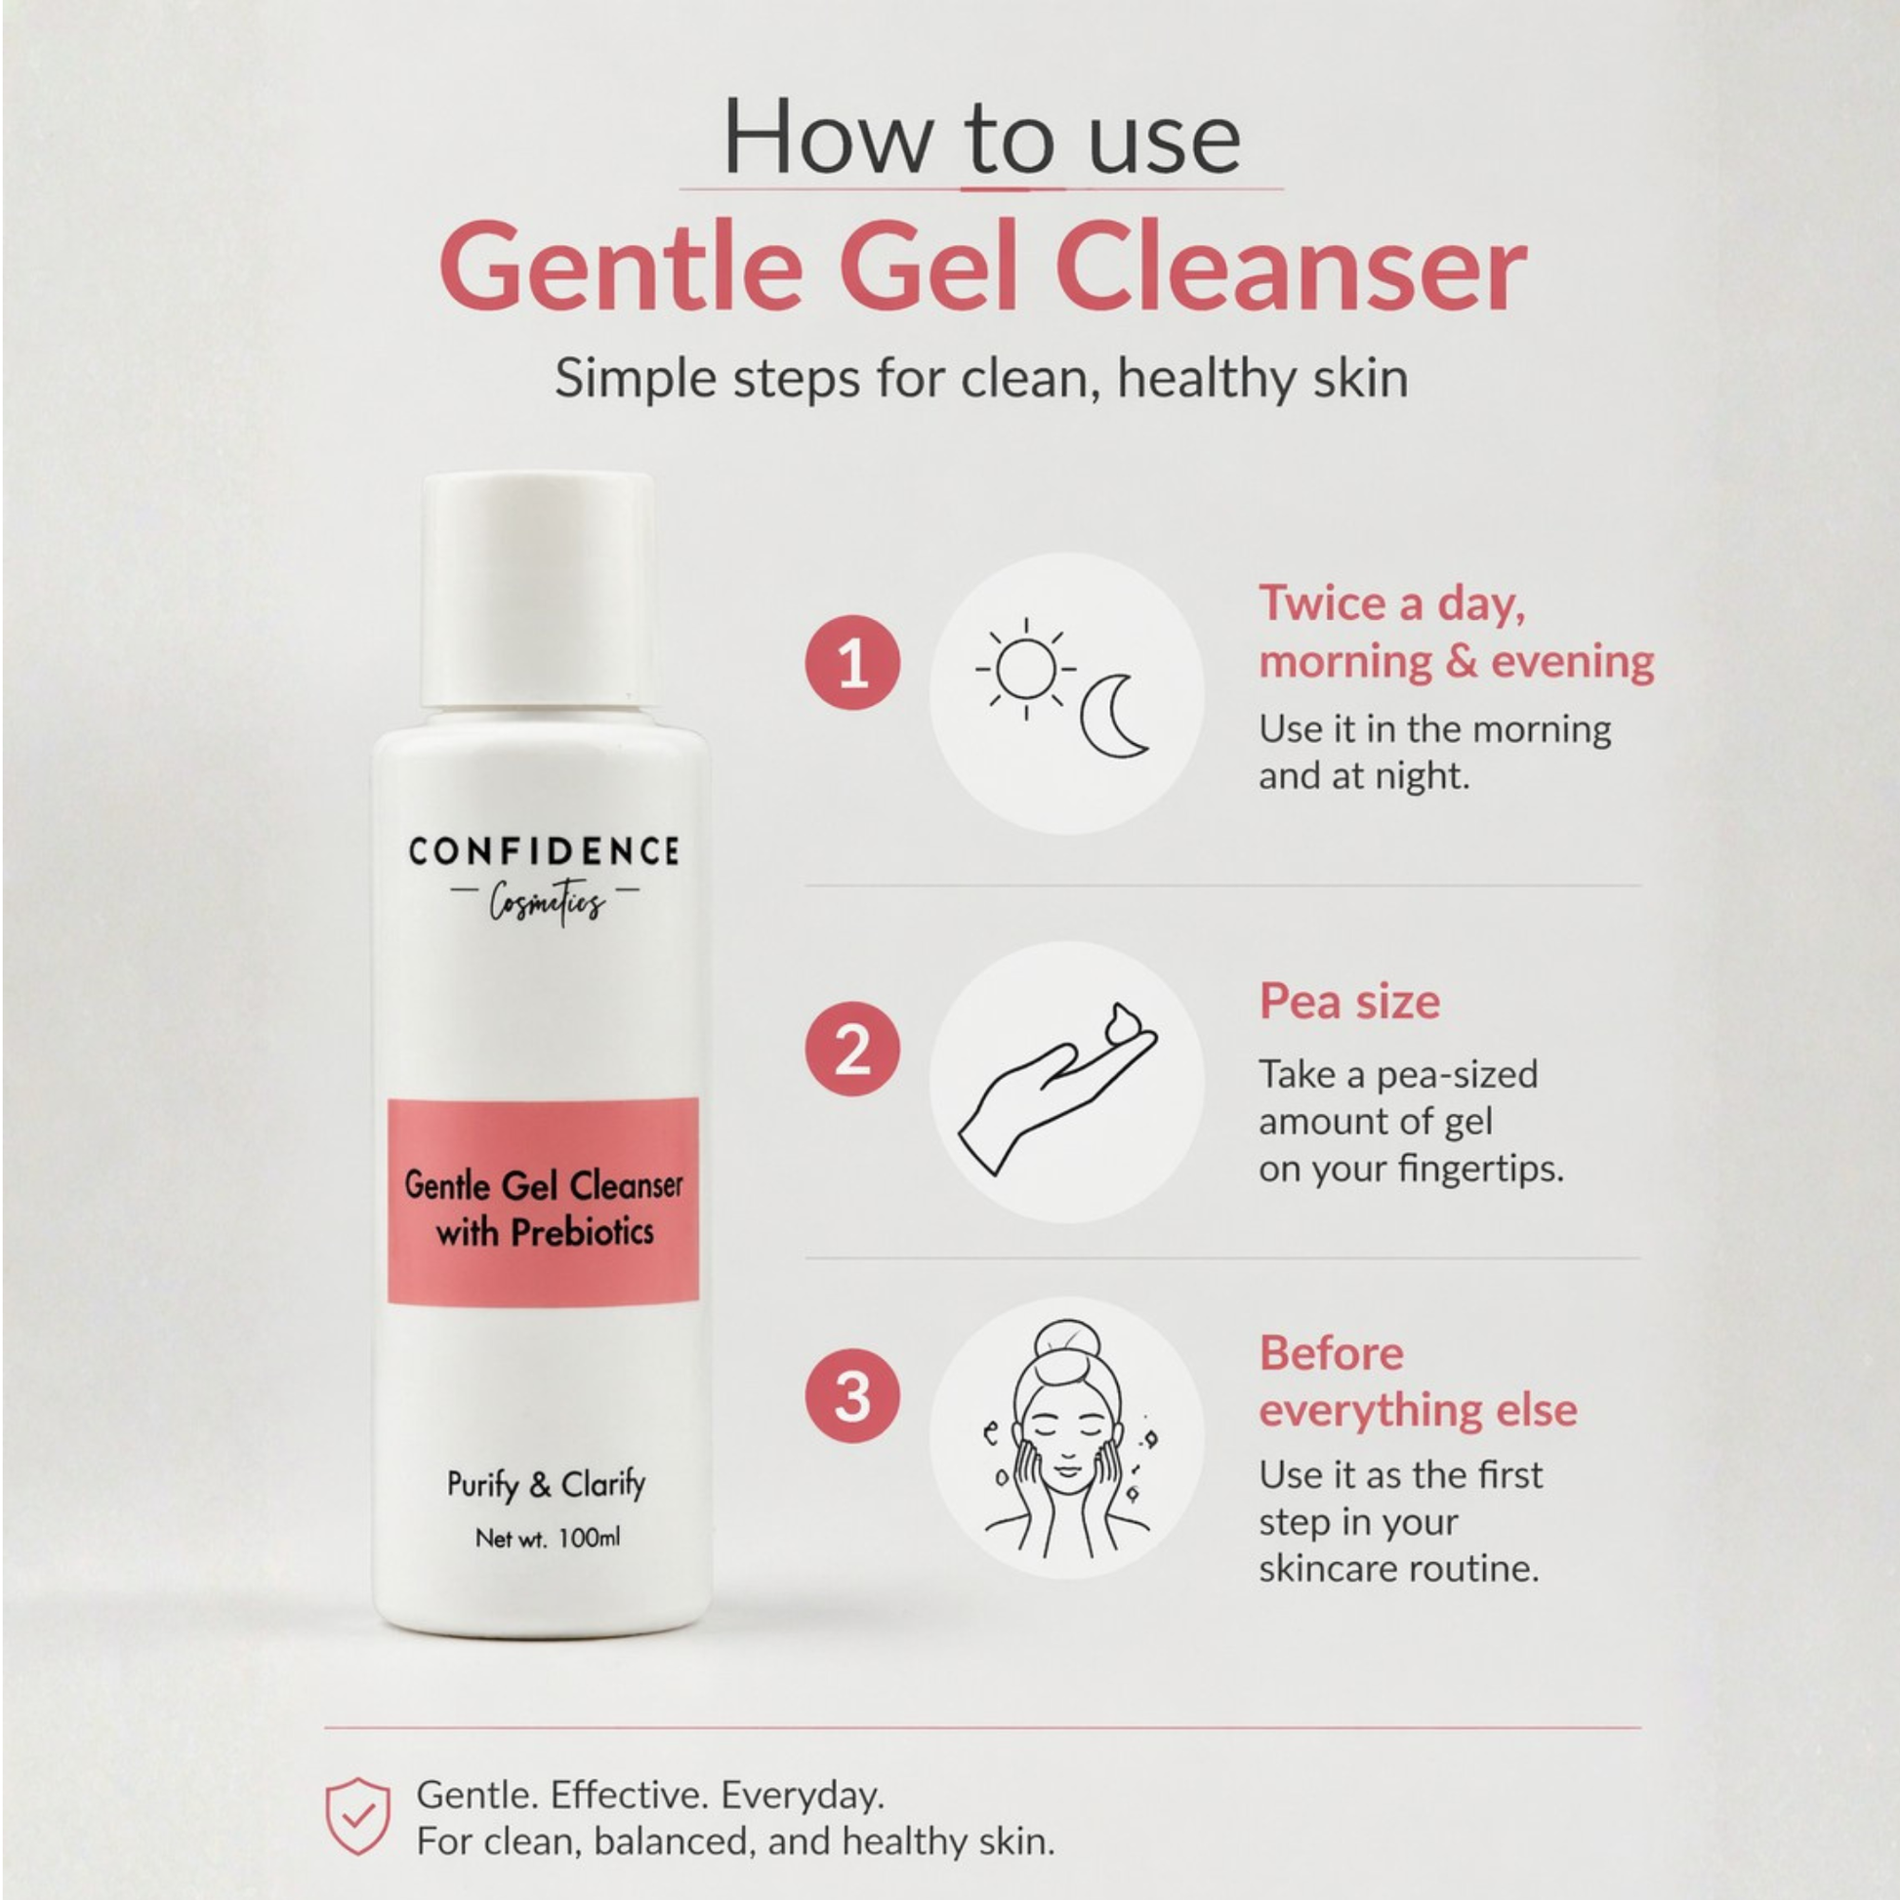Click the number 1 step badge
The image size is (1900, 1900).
pyautogui.click(x=852, y=662)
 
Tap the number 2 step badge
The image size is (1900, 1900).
pyautogui.click(x=852, y=1050)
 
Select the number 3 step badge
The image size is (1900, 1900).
pyautogui.click(x=852, y=1395)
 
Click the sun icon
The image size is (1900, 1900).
pyautogui.click(x=1026, y=670)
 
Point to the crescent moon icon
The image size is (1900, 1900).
pyautogui.click(x=1113, y=716)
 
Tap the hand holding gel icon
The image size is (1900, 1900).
pyautogui.click(x=1058, y=1089)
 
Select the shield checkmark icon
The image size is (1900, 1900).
pyautogui.click(x=358, y=1815)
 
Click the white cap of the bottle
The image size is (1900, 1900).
pyautogui.click(x=539, y=589)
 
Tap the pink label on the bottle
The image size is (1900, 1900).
pyautogui.click(x=543, y=1201)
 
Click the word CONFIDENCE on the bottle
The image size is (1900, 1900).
pyautogui.click(x=544, y=850)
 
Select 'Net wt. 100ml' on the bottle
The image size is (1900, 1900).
pyautogui.click(x=548, y=1537)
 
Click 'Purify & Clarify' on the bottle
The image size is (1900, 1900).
pyautogui.click(x=547, y=1484)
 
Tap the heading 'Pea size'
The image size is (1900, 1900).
pyautogui.click(x=1349, y=1002)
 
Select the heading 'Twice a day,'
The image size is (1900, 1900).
pyautogui.click(x=1392, y=602)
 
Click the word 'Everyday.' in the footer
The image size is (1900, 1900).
pyautogui.click(x=803, y=1796)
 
